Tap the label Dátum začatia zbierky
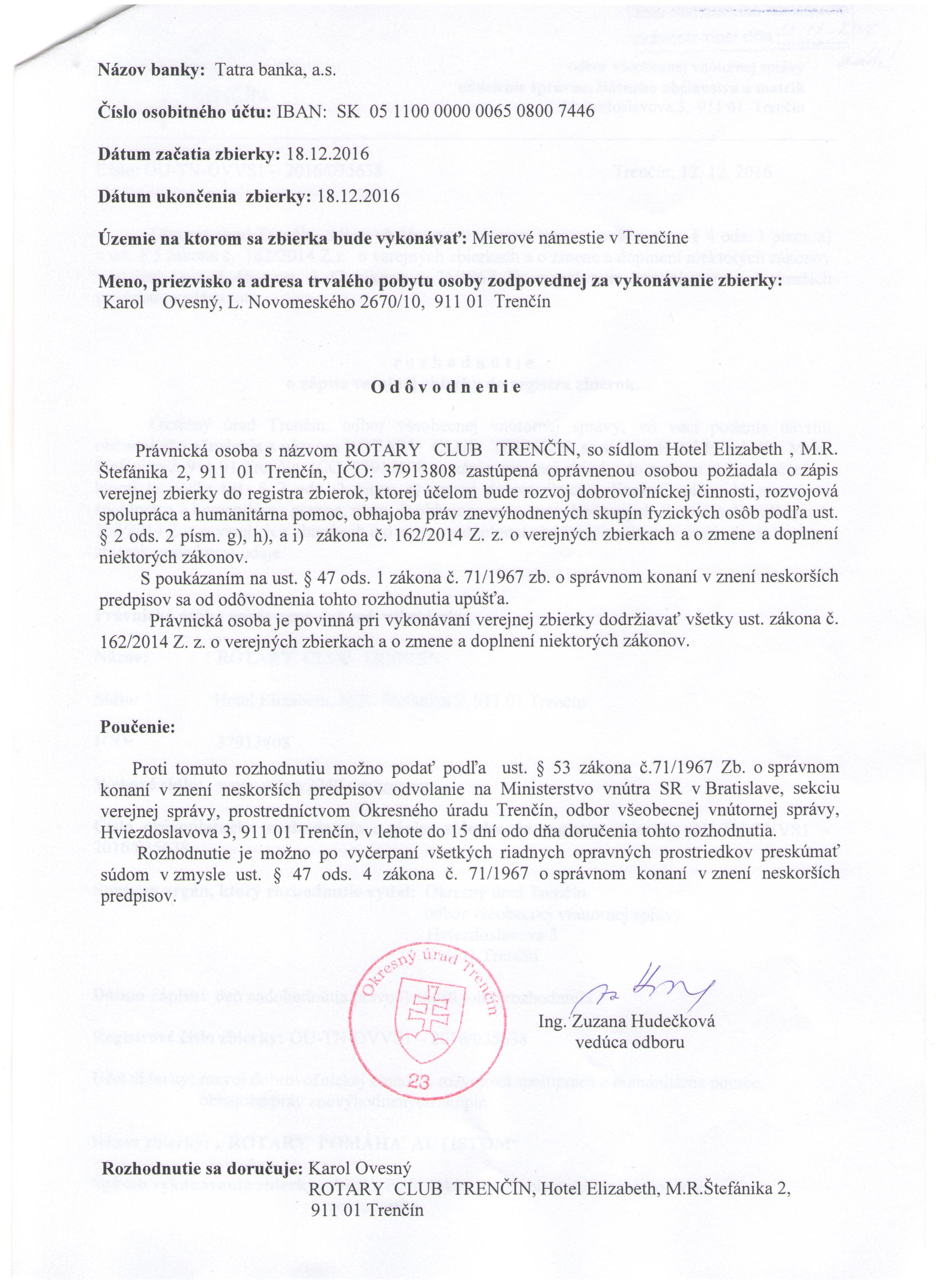point(190,154)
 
